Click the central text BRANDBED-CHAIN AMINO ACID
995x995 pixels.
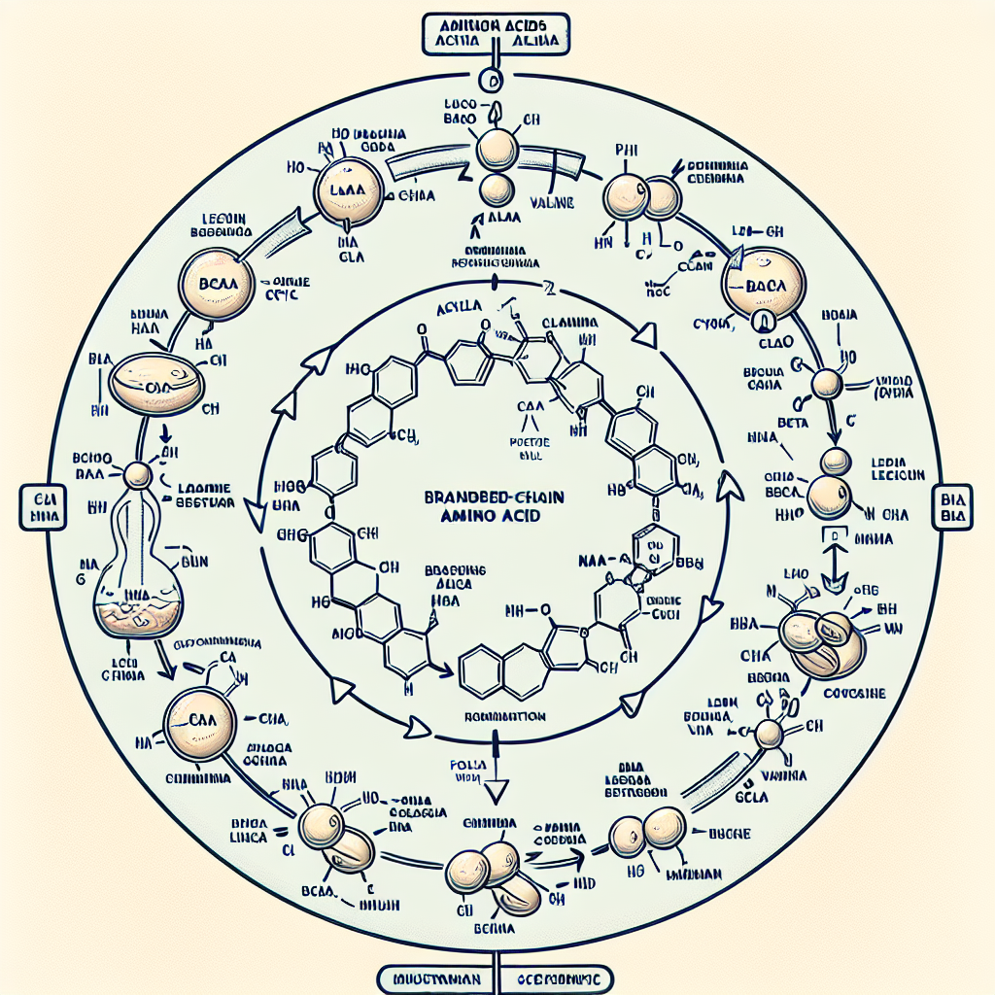(x=497, y=508)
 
